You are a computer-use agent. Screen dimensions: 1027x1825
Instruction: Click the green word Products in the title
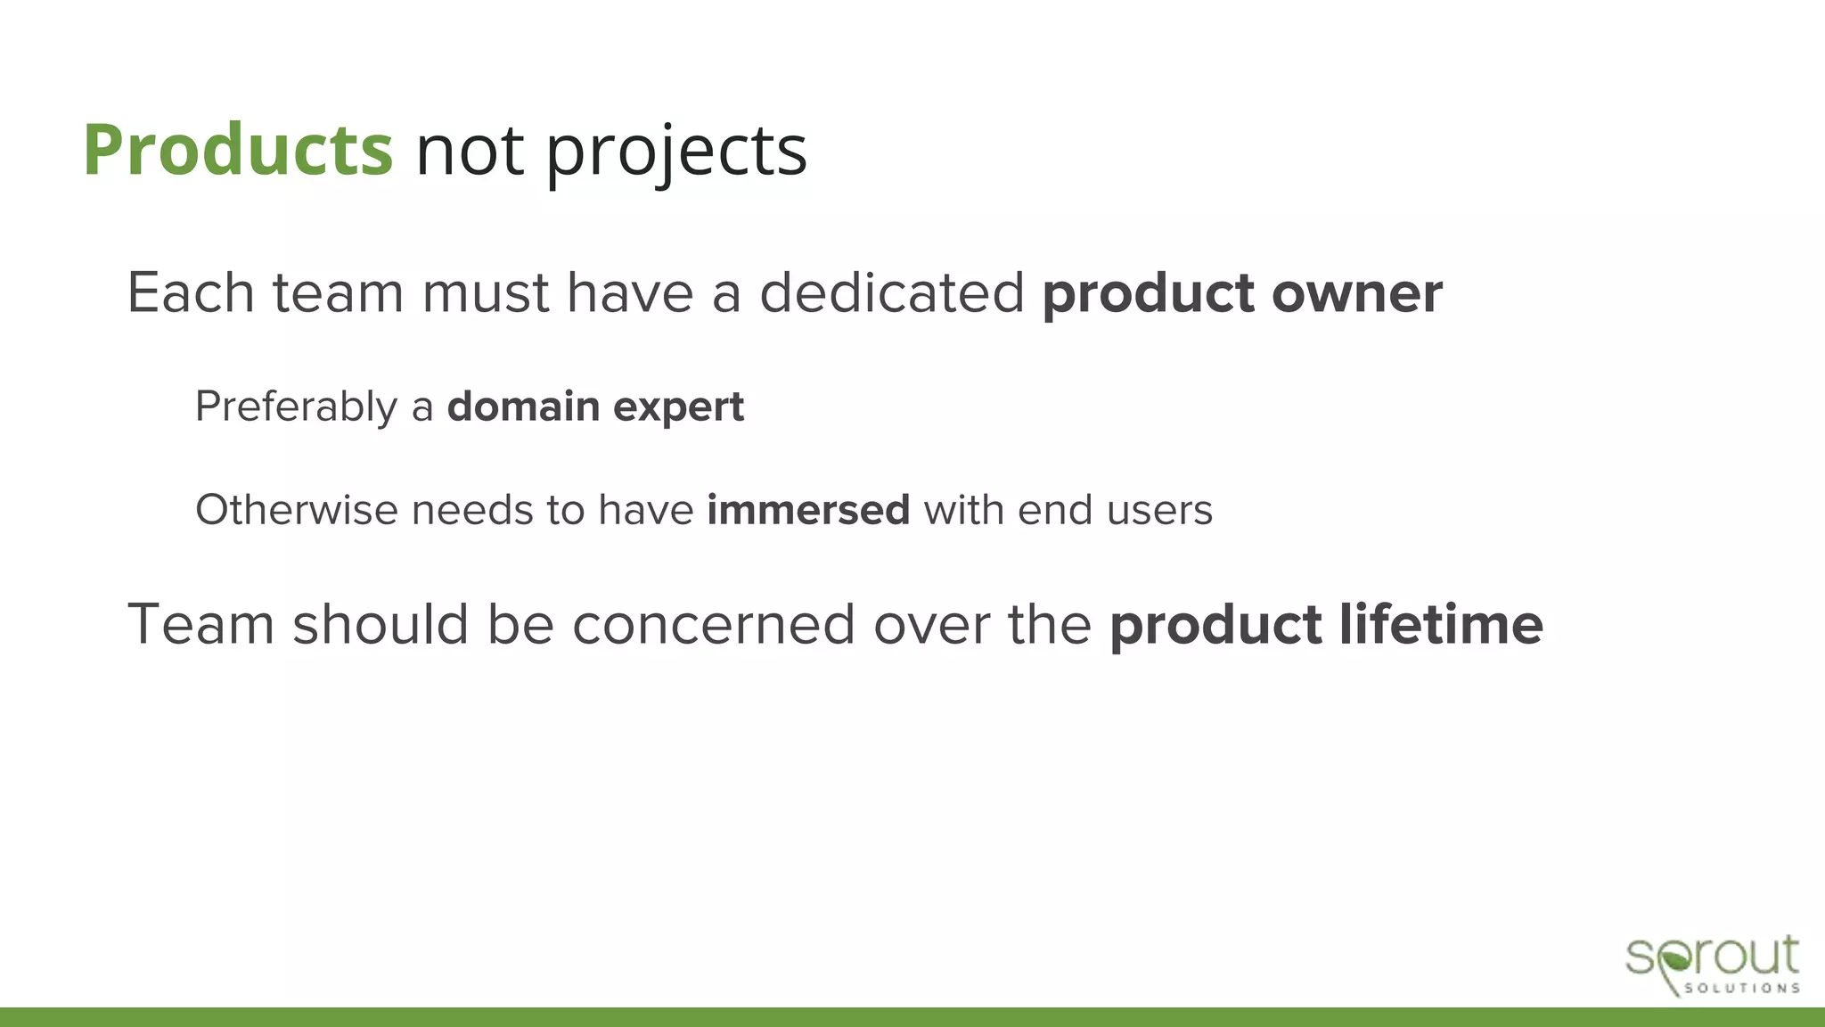[x=238, y=150]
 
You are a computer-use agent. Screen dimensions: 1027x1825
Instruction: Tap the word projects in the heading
[x=675, y=152]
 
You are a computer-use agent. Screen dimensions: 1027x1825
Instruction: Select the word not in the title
[x=469, y=152]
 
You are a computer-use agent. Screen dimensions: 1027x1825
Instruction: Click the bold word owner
[x=1356, y=293]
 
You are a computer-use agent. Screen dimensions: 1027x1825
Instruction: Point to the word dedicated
[x=891, y=293]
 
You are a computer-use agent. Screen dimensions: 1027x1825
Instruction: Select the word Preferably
[x=296, y=407]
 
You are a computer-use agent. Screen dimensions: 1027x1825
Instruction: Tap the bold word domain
[x=523, y=407]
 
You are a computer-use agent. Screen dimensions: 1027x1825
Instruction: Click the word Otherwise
[x=296, y=511]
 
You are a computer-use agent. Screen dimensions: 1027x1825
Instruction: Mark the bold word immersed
[x=808, y=511]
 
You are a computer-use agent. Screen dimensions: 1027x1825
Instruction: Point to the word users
[x=1159, y=511]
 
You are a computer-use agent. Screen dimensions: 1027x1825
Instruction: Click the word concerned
[x=714, y=624]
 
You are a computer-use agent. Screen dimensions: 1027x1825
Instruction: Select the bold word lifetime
[x=1441, y=624]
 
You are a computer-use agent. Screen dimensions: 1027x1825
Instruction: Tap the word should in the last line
[x=381, y=624]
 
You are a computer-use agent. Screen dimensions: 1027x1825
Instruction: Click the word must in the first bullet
[x=486, y=293]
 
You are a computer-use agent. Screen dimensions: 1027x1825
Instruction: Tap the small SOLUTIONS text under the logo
[x=1741, y=988]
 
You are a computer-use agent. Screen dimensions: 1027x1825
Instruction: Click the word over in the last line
[x=931, y=624]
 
